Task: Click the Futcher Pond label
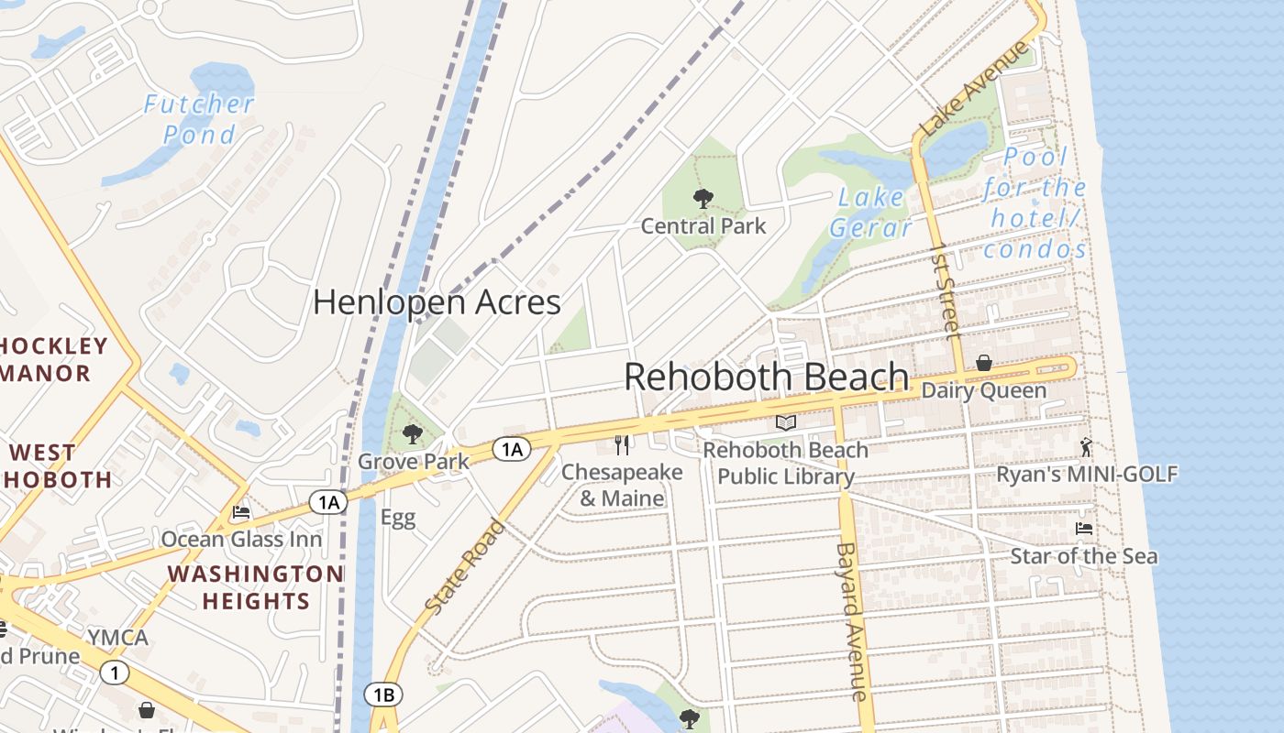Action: click(x=198, y=119)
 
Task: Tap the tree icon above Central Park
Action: click(x=703, y=198)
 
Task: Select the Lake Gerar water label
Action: click(x=870, y=213)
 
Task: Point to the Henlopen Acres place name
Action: click(x=437, y=302)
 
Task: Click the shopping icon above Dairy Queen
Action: click(x=984, y=363)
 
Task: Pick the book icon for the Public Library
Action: click(x=785, y=422)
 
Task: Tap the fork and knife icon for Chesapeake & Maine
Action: click(x=622, y=445)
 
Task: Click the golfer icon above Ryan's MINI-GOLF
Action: click(x=1087, y=447)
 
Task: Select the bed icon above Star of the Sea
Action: click(x=1083, y=529)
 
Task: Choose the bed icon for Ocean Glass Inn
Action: click(x=241, y=512)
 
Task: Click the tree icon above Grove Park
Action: click(x=413, y=433)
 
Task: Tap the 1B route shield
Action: click(x=383, y=695)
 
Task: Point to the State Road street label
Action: click(x=466, y=566)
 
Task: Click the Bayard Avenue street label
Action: click(x=850, y=621)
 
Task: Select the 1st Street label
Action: click(x=944, y=290)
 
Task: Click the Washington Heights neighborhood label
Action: click(x=255, y=587)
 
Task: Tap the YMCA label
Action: click(x=117, y=638)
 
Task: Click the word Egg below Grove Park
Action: click(x=398, y=518)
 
